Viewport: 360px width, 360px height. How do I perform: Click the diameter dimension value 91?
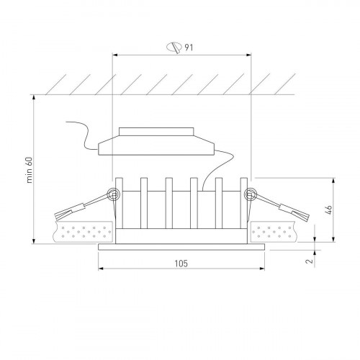click(189, 48)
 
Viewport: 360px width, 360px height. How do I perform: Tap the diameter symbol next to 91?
click(173, 48)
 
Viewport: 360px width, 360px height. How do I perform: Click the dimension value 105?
click(181, 264)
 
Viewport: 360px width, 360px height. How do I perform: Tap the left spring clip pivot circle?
click(112, 194)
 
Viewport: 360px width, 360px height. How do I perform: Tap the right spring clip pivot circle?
click(251, 194)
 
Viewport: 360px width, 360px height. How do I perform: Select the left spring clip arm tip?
click(59, 213)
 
